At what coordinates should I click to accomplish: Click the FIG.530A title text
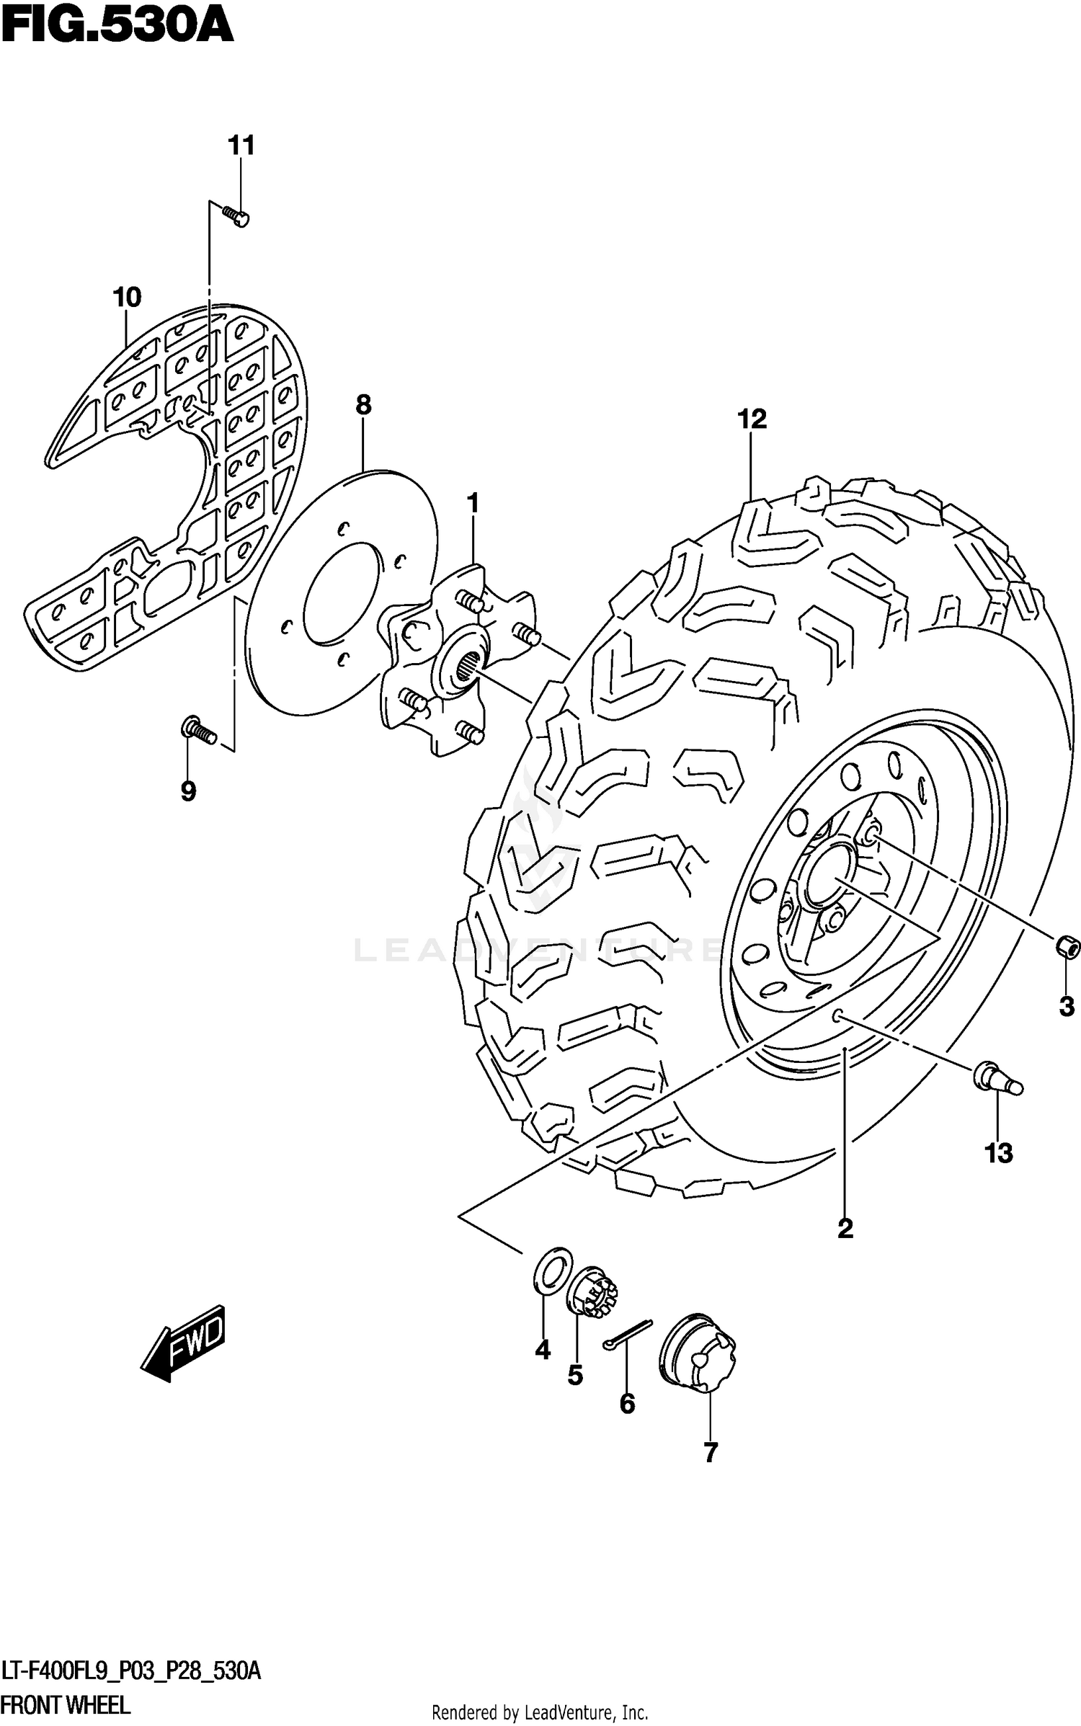(x=117, y=26)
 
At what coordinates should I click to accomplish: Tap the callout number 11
(x=241, y=146)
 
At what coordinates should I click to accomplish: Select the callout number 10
(x=127, y=297)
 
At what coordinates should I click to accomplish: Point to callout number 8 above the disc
(x=363, y=406)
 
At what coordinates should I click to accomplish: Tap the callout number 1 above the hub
(x=473, y=503)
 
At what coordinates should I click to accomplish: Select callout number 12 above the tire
(x=752, y=419)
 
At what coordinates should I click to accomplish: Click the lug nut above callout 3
(x=1067, y=946)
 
